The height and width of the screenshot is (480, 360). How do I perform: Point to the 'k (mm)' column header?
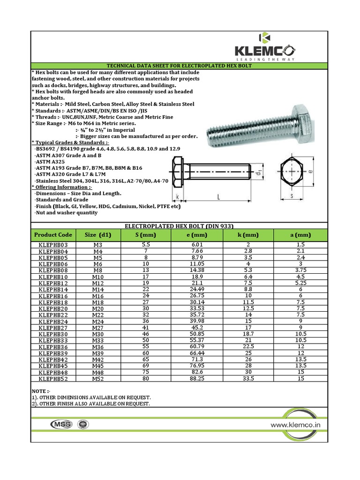(x=248, y=235)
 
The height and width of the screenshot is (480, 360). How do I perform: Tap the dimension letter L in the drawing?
(x=219, y=198)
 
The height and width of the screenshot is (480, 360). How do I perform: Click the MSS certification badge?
(x=61, y=424)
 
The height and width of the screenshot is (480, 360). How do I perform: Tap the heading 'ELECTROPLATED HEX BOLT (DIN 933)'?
(x=179, y=225)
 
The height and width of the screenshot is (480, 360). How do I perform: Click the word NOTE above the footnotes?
(x=40, y=391)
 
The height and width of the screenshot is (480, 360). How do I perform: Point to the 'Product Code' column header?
(x=53, y=235)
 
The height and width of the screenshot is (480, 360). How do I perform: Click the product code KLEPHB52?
(x=53, y=379)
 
